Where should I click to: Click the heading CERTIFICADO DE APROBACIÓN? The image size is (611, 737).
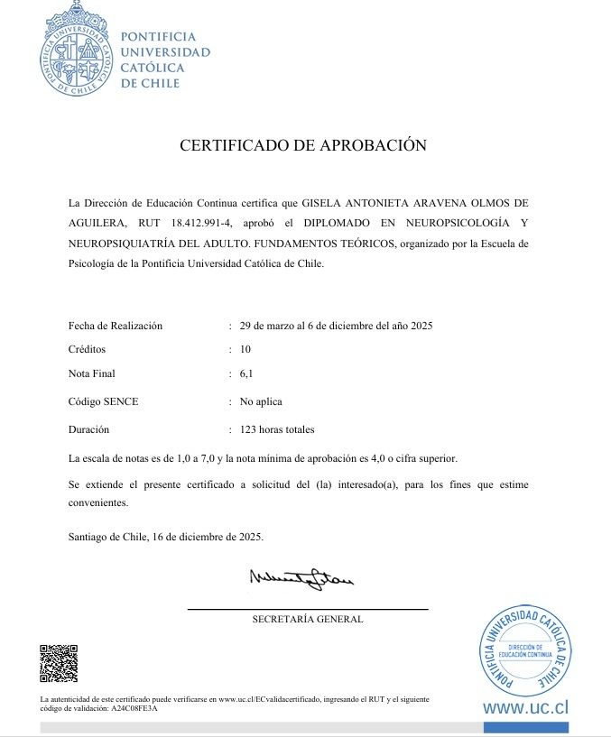click(302, 145)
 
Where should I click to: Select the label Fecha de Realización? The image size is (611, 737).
click(116, 326)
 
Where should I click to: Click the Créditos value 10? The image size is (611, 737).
click(245, 348)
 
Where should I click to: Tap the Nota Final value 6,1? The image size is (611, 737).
click(246, 373)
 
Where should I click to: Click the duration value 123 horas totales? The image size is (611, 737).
click(277, 429)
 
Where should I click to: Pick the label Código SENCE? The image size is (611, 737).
click(104, 401)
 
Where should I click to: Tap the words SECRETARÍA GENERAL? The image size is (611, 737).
click(308, 619)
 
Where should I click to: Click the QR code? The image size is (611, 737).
click(59, 663)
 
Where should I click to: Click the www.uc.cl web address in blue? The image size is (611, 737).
click(526, 707)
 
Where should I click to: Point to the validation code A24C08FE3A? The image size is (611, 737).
click(134, 709)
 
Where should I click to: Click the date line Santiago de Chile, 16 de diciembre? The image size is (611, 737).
click(166, 536)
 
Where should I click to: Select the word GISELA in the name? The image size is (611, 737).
click(322, 200)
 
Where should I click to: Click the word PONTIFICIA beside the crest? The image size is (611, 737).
click(158, 37)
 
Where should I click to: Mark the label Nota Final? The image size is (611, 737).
click(92, 373)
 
